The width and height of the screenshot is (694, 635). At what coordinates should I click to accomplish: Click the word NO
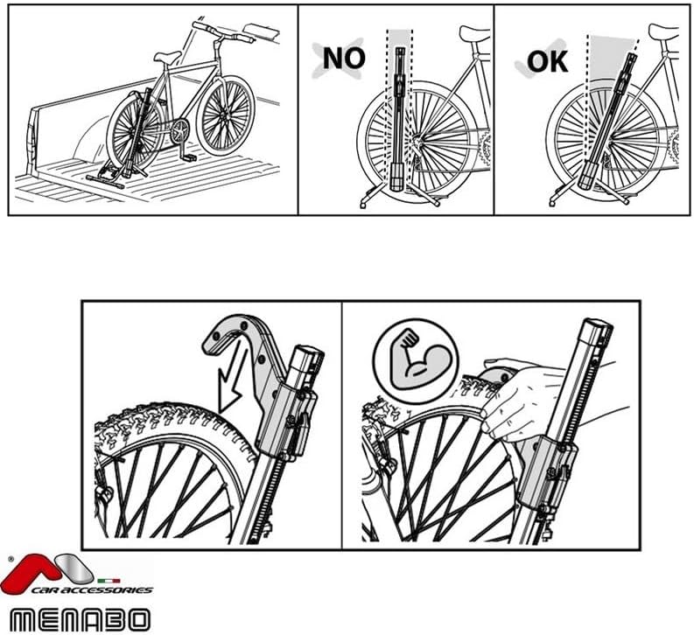pyautogui.click(x=344, y=58)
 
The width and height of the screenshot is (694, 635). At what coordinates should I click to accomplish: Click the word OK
pyautogui.click(x=547, y=61)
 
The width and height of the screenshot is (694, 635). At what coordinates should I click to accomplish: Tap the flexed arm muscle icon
pyautogui.click(x=417, y=360)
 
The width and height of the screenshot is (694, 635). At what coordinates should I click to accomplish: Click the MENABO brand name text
pyautogui.click(x=81, y=619)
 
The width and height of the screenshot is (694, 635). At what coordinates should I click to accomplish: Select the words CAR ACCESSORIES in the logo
pyautogui.click(x=93, y=590)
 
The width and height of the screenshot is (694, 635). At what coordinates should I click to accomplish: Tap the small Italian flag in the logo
pyautogui.click(x=109, y=581)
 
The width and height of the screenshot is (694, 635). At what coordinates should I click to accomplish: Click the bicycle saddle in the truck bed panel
pyautogui.click(x=166, y=57)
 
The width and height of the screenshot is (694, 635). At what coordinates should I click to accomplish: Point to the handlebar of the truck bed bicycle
pyautogui.click(x=223, y=33)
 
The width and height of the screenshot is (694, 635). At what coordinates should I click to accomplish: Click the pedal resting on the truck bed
pyautogui.click(x=189, y=157)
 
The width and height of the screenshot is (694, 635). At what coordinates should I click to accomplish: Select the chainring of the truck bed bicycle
pyautogui.click(x=179, y=131)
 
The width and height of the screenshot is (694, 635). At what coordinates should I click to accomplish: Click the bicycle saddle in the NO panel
pyautogui.click(x=474, y=33)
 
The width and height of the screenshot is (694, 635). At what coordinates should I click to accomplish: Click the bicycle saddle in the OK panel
pyautogui.click(x=663, y=31)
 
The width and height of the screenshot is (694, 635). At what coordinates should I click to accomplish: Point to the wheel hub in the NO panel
pyautogui.click(x=416, y=141)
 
